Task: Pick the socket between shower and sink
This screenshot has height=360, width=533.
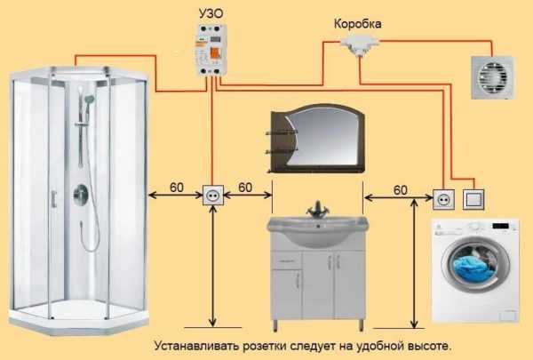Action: click(214, 194)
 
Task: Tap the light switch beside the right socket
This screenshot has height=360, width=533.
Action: click(477, 196)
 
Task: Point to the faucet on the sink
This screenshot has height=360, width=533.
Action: click(318, 210)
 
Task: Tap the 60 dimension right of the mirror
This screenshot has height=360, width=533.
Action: click(400, 188)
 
